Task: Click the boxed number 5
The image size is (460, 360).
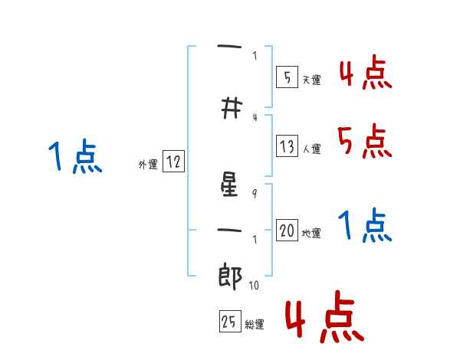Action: tap(286, 77)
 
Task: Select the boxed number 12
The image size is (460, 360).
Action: tap(174, 162)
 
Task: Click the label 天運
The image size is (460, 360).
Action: tap(311, 80)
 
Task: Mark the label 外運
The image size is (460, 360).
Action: tap(147, 165)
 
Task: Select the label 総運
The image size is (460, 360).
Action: tap(255, 325)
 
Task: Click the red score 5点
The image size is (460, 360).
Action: tap(364, 140)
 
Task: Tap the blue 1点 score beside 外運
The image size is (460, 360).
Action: tap(74, 157)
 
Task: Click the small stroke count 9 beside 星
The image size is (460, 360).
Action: tap(255, 194)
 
